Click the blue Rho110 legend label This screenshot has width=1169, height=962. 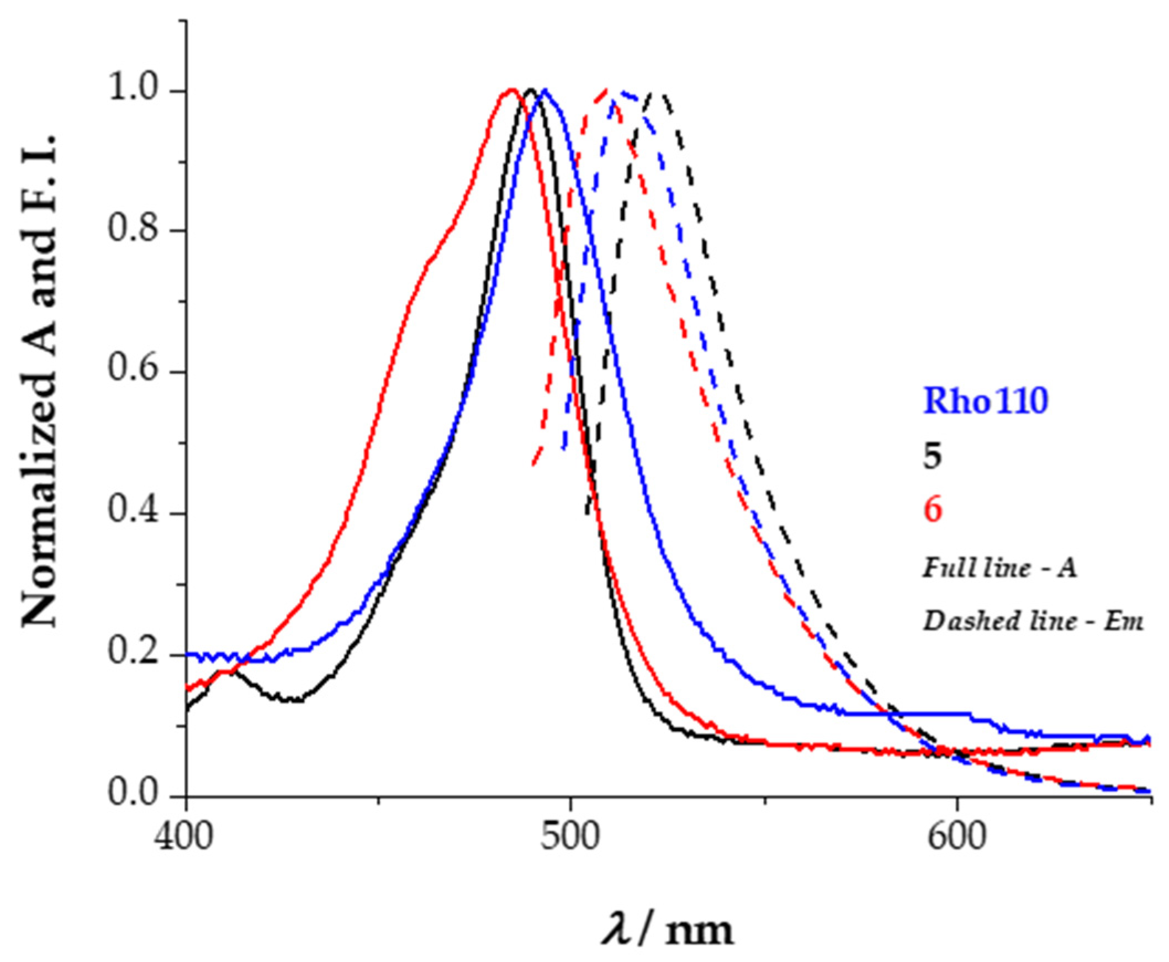tap(986, 401)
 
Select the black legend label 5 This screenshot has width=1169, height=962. tap(932, 458)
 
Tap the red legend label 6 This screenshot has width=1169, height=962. tap(933, 510)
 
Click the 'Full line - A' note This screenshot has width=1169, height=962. tap(999, 569)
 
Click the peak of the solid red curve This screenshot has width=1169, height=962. tap(511, 90)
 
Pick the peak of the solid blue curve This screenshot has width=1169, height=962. tap(546, 90)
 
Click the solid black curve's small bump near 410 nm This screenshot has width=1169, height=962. tap(226, 671)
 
